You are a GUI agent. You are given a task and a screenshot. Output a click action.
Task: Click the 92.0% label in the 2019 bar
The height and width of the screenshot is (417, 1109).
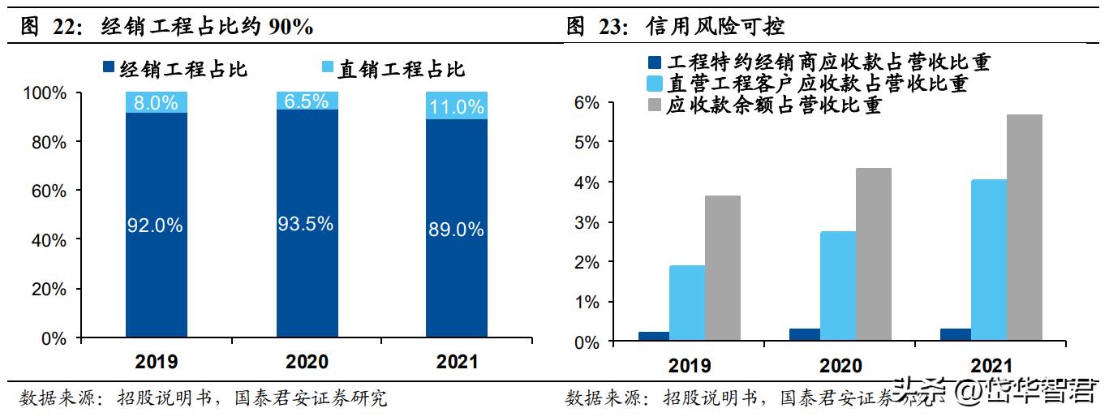point(156,226)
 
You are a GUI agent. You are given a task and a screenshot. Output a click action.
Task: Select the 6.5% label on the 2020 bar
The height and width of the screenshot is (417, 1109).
point(307,101)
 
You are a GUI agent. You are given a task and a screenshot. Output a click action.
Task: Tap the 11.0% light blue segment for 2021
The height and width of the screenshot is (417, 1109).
point(457,106)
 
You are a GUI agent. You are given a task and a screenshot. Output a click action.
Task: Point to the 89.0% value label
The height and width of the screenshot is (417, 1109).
point(457,230)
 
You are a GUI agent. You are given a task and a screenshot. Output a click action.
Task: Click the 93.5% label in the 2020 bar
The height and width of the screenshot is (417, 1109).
point(307,224)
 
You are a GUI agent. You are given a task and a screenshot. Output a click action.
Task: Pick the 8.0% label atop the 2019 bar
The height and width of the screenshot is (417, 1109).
point(156,102)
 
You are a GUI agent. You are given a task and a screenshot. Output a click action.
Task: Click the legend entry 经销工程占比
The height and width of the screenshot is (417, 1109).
point(174,69)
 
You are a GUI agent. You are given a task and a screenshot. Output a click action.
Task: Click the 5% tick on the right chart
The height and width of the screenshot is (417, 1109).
point(609,143)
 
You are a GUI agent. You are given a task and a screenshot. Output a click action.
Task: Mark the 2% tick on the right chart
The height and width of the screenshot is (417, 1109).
point(609,263)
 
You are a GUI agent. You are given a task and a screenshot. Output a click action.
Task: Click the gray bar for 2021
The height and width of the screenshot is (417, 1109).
point(1024,227)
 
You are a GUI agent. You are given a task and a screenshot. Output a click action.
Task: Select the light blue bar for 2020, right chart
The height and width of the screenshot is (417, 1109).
point(837,286)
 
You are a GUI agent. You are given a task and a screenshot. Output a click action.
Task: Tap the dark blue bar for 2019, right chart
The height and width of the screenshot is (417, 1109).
point(653,336)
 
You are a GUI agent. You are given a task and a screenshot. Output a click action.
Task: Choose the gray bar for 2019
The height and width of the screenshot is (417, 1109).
point(722,268)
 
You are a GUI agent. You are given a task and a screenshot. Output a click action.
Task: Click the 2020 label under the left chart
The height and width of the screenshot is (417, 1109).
point(307,361)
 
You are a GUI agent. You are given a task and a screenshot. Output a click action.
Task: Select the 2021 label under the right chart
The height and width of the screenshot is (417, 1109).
point(990,367)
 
